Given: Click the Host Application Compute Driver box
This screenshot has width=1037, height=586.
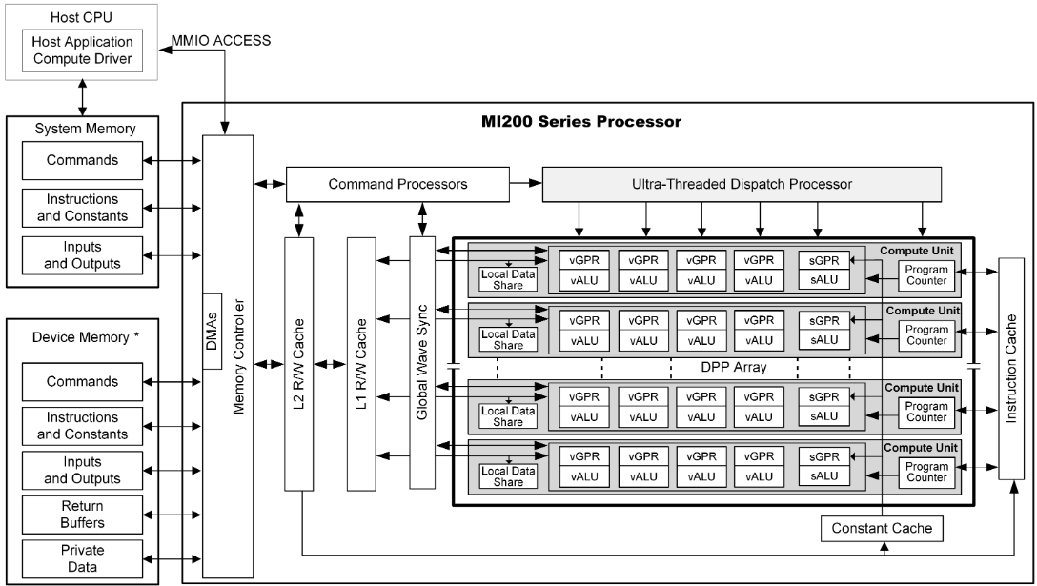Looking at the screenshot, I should click(82, 52).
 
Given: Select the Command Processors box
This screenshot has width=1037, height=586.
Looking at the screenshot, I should click(397, 184).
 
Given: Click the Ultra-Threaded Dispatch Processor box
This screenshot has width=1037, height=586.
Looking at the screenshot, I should click(742, 184).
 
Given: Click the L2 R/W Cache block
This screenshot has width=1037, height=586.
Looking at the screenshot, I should click(299, 362).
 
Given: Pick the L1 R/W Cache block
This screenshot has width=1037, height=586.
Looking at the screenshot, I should click(361, 362).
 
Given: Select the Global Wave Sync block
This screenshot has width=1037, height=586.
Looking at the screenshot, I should click(421, 362).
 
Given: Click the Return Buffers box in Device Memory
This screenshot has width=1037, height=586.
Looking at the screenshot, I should click(83, 515).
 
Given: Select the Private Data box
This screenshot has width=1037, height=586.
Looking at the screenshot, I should click(83, 559).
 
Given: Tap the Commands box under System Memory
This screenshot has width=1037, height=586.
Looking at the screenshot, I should click(83, 161).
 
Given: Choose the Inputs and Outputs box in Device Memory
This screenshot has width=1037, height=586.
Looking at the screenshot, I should click(83, 470).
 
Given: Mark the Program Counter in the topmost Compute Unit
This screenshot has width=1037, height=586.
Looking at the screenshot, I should click(927, 274).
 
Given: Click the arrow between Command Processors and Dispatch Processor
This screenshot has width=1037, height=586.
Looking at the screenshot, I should click(524, 184).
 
